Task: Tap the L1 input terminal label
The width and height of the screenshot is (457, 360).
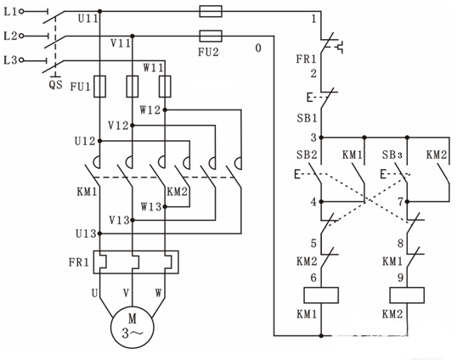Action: [x=11, y=12]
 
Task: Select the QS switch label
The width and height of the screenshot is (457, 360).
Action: [x=55, y=84]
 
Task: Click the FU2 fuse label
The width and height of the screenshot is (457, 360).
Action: [x=208, y=52]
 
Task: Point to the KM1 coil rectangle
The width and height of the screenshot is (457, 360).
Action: [x=321, y=295]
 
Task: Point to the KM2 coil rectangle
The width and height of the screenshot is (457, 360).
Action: [x=407, y=295]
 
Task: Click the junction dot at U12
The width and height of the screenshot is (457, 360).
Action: [x=99, y=141]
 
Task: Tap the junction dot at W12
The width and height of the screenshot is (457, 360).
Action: [x=165, y=110]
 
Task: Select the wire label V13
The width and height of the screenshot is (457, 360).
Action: [x=119, y=220]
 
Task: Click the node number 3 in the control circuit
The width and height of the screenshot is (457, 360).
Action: [x=313, y=138]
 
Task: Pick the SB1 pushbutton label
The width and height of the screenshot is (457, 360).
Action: [x=307, y=118]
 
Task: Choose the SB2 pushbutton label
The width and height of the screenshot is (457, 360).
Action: [x=307, y=155]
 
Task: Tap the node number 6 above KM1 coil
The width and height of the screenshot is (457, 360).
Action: [x=313, y=278]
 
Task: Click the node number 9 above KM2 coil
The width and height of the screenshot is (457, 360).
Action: [x=400, y=278]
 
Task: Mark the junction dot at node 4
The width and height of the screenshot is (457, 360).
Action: [x=321, y=201]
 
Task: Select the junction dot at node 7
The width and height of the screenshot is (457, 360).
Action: [x=407, y=201]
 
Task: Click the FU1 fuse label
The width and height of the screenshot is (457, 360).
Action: [x=81, y=87]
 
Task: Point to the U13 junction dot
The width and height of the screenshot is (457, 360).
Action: [x=99, y=233]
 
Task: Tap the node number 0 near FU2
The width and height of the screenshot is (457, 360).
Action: [x=258, y=48]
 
